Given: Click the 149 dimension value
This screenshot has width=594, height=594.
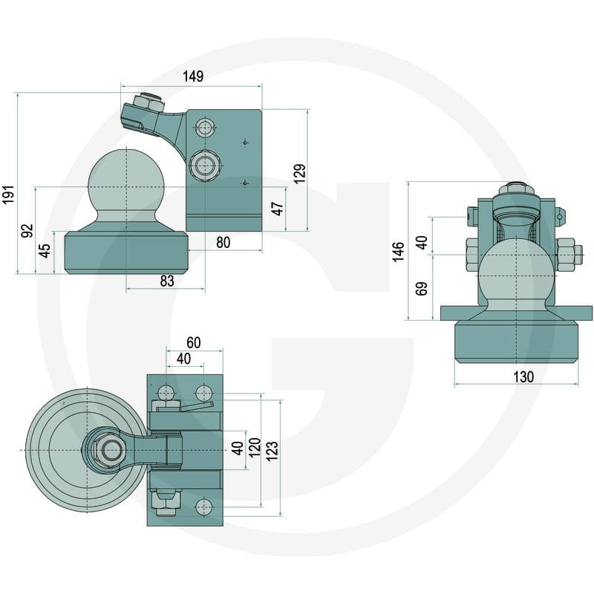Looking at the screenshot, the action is (x=193, y=76).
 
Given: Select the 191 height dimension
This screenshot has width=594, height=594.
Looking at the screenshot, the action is (x=8, y=195).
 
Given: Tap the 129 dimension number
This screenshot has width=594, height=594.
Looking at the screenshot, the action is (x=300, y=174).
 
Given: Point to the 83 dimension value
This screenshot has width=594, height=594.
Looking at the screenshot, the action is (x=166, y=281).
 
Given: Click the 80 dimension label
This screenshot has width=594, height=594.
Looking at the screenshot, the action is (x=223, y=243).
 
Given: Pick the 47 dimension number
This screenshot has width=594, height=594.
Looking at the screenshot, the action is (x=278, y=209).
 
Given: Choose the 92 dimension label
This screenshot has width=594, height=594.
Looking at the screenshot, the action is (x=27, y=231).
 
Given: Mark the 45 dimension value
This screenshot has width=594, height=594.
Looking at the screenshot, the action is (x=45, y=250).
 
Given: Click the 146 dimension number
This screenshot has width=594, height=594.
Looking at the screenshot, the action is (x=398, y=252).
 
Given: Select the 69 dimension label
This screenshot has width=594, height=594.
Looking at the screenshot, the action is (x=421, y=289).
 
